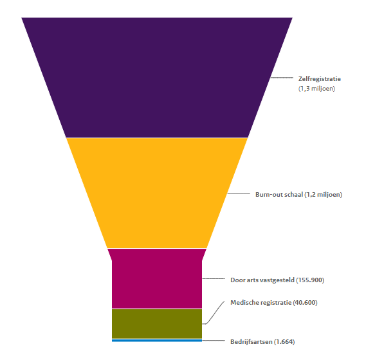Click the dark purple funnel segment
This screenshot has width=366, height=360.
pos(157,77)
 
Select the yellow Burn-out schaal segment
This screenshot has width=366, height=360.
pos(157,193)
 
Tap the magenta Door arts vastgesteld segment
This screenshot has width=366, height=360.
pos(157,278)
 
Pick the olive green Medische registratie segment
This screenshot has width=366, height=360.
pos(157,323)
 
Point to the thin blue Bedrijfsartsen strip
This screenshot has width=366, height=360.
pos(157,341)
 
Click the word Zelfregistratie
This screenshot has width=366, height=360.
pos(319,79)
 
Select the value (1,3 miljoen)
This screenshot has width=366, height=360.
pos(316,89)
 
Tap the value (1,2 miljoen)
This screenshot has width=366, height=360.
pos(324,195)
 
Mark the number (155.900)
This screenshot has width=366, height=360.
pos(310,280)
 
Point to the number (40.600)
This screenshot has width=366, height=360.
pos(305,303)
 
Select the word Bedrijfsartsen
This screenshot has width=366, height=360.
pos(252,342)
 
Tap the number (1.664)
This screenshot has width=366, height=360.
pos(284,342)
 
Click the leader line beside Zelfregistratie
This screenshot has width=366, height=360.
pos(282,77)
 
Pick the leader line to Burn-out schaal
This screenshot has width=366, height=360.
pos(239,194)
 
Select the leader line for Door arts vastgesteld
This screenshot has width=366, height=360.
pos(214,278)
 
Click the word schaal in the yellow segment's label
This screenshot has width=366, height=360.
pos(295,194)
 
